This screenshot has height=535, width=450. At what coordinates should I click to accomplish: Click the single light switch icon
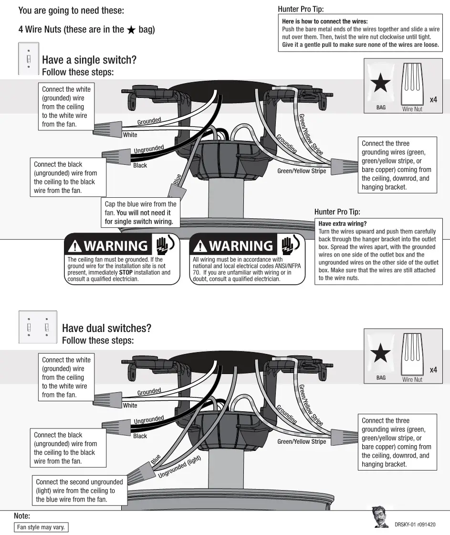point(29,59)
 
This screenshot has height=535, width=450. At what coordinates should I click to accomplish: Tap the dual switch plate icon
point(37,327)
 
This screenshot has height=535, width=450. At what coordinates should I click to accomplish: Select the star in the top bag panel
point(380,84)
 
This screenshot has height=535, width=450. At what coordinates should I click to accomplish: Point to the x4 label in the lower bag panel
point(433,370)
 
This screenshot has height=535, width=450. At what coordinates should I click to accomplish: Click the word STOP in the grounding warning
point(126,273)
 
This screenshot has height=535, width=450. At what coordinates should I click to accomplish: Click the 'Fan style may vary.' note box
point(41,527)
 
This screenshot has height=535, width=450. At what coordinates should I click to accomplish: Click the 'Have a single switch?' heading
point(89,60)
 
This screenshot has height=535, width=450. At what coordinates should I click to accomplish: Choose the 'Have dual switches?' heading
point(106,328)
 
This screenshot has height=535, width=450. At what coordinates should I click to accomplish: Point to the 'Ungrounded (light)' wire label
point(179,467)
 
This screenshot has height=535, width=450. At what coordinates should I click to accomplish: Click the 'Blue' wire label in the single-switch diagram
point(177,180)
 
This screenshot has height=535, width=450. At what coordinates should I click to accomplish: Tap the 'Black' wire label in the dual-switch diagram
point(140,436)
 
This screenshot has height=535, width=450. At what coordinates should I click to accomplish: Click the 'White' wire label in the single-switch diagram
point(130,135)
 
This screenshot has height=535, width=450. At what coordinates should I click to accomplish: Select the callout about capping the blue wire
point(140,213)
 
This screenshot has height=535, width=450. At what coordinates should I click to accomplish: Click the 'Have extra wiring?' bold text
point(342,224)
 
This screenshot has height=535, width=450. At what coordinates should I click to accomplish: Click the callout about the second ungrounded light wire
point(79,491)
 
